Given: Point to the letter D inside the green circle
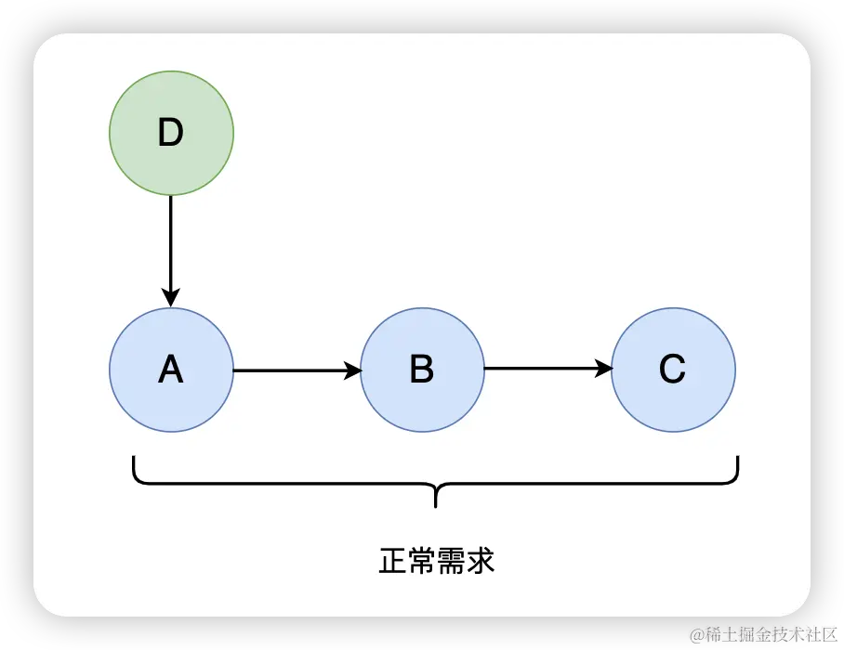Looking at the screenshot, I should (x=171, y=134).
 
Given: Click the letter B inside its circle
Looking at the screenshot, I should (x=422, y=370).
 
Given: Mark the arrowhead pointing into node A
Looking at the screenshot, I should (x=171, y=298).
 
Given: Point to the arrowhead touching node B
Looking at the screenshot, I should (x=352, y=370).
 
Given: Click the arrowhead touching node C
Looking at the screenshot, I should (x=603, y=370).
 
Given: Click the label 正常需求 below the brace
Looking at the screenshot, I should (x=436, y=561).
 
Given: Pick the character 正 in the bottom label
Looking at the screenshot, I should (x=392, y=561).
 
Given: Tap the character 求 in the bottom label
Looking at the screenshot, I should (x=481, y=561).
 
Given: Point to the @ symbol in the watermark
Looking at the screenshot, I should (x=696, y=634).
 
